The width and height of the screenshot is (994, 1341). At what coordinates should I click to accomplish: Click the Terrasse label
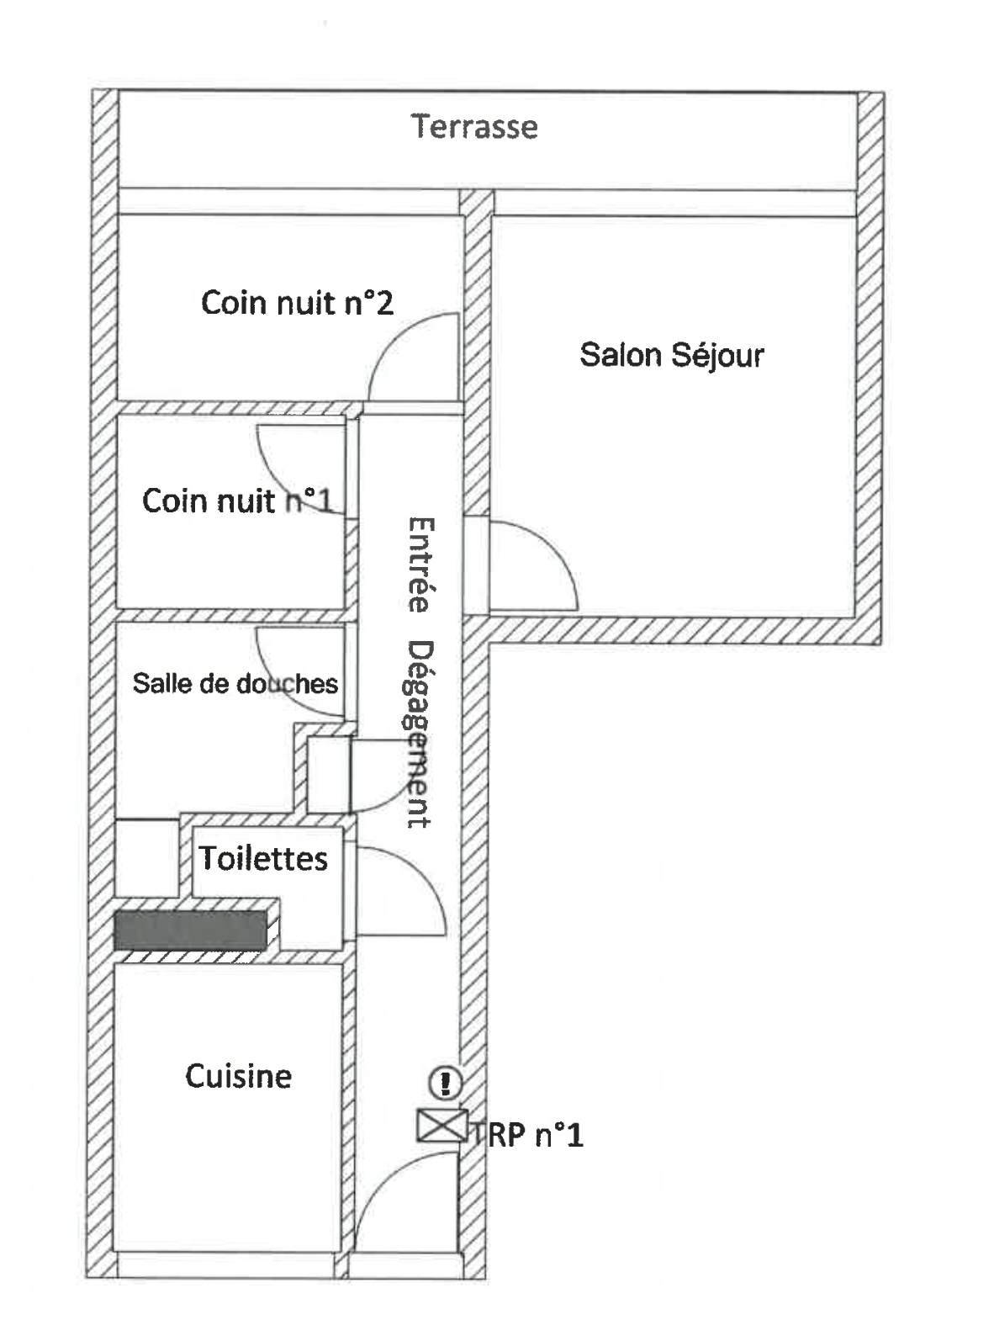click(474, 126)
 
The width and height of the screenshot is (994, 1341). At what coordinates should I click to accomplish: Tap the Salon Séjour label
click(671, 354)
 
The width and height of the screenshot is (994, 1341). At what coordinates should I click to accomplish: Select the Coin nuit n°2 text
click(297, 302)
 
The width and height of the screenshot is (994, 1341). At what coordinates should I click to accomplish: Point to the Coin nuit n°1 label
click(237, 501)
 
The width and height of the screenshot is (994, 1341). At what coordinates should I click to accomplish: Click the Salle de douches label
click(235, 683)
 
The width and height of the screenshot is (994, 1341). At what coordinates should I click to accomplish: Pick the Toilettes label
click(263, 858)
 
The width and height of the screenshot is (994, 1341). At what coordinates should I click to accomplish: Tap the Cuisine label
click(238, 1076)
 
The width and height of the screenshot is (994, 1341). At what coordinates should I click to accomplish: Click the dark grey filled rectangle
click(190, 930)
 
